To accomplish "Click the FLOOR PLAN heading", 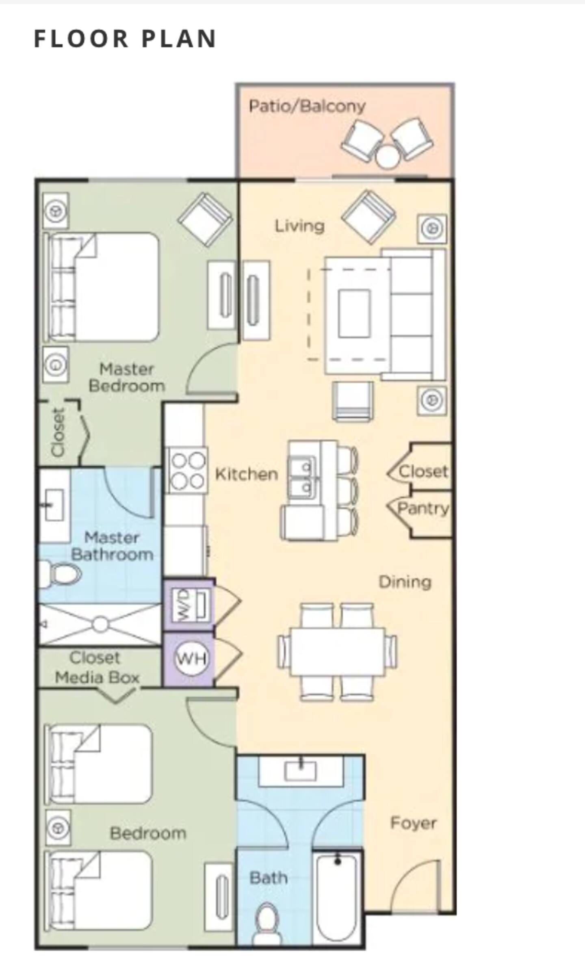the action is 125,39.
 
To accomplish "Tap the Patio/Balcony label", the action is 307,106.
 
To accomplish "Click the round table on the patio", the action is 387,157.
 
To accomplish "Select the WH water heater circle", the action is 191,658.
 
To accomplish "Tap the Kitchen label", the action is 246,474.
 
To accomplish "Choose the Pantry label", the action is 423,508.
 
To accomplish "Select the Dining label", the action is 405,582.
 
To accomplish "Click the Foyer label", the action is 413,823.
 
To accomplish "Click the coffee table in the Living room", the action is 354,313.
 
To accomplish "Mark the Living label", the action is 300,226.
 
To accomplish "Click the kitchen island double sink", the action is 302,477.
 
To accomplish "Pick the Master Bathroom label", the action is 112,546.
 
